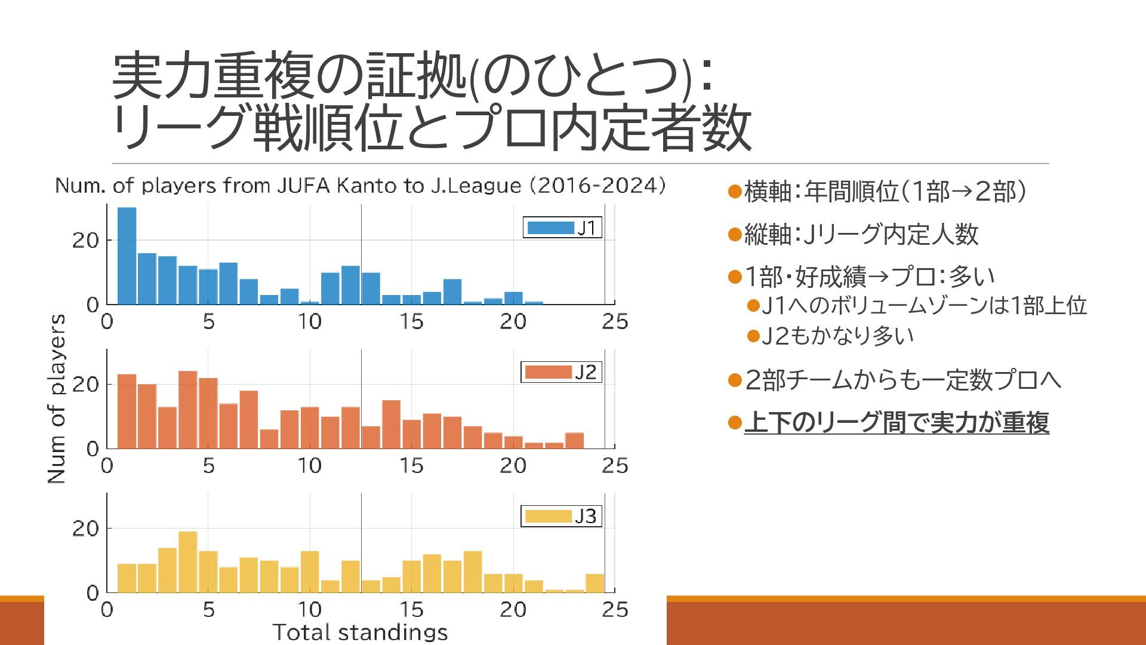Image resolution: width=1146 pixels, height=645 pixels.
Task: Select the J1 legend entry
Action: (562, 228)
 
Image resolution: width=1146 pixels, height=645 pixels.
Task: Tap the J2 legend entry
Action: (560, 372)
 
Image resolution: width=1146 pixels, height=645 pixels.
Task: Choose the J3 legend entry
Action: (560, 516)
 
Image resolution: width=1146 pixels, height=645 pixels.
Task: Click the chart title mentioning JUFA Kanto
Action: (360, 186)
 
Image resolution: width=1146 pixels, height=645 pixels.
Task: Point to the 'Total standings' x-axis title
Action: (360, 632)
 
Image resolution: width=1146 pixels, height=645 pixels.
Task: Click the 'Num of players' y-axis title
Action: (56, 398)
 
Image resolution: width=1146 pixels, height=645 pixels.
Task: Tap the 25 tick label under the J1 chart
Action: (615, 322)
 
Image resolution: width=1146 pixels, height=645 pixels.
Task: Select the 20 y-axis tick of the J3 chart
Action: (85, 529)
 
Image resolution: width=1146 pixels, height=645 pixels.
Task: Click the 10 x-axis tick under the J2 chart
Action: (309, 466)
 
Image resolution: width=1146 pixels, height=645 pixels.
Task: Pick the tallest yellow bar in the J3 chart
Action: (187, 562)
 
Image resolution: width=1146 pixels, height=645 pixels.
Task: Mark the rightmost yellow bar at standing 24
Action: (594, 583)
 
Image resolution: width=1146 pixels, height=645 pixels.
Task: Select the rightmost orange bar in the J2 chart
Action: (574, 441)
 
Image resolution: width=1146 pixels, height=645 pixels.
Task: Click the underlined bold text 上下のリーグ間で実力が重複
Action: (896, 423)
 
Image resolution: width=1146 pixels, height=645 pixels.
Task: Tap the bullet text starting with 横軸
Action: (885, 192)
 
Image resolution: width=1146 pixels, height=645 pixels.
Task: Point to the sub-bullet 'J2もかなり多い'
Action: (837, 336)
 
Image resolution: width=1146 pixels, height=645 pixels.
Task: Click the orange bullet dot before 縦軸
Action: (735, 234)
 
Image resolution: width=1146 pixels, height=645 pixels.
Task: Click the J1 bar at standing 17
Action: (452, 292)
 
